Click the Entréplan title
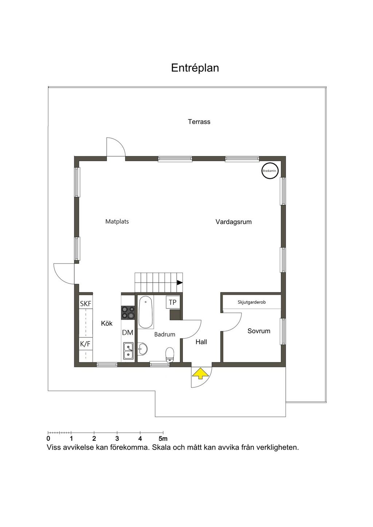(195, 68)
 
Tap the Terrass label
(199, 122)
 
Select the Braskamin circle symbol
(270, 171)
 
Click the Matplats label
(117, 221)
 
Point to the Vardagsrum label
(233, 222)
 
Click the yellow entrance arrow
(200, 374)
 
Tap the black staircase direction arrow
(180, 283)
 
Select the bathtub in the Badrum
(145, 312)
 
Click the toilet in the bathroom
(170, 355)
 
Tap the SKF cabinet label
(86, 304)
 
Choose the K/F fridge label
(85, 344)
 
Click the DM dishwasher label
(128, 333)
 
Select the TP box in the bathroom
(173, 302)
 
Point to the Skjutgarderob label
(252, 302)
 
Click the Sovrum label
(259, 331)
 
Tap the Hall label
(201, 342)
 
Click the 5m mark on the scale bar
(163, 439)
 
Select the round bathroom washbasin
(142, 348)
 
